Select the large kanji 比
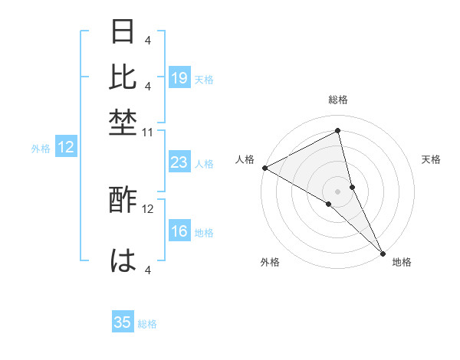pyautogui.click(x=123, y=76)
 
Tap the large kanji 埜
pyautogui.click(x=123, y=123)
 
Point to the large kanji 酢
pyautogui.click(x=123, y=201)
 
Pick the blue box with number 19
pyautogui.click(x=179, y=77)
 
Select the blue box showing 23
pyautogui.click(x=179, y=162)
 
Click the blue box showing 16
pyautogui.click(x=179, y=232)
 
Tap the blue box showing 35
pyautogui.click(x=123, y=322)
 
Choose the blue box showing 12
pyautogui.click(x=66, y=148)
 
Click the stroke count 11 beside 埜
pyautogui.click(x=148, y=133)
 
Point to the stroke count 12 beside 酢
pyautogui.click(x=148, y=208)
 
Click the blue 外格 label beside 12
pyautogui.click(x=41, y=149)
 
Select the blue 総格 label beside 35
pyautogui.click(x=147, y=324)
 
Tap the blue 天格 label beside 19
pyautogui.click(x=204, y=79)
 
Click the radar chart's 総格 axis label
pyautogui.click(x=338, y=100)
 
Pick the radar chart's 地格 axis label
pyautogui.click(x=402, y=262)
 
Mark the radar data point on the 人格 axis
pyautogui.click(x=264, y=168)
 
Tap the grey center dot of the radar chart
pyautogui.click(x=337, y=191)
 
